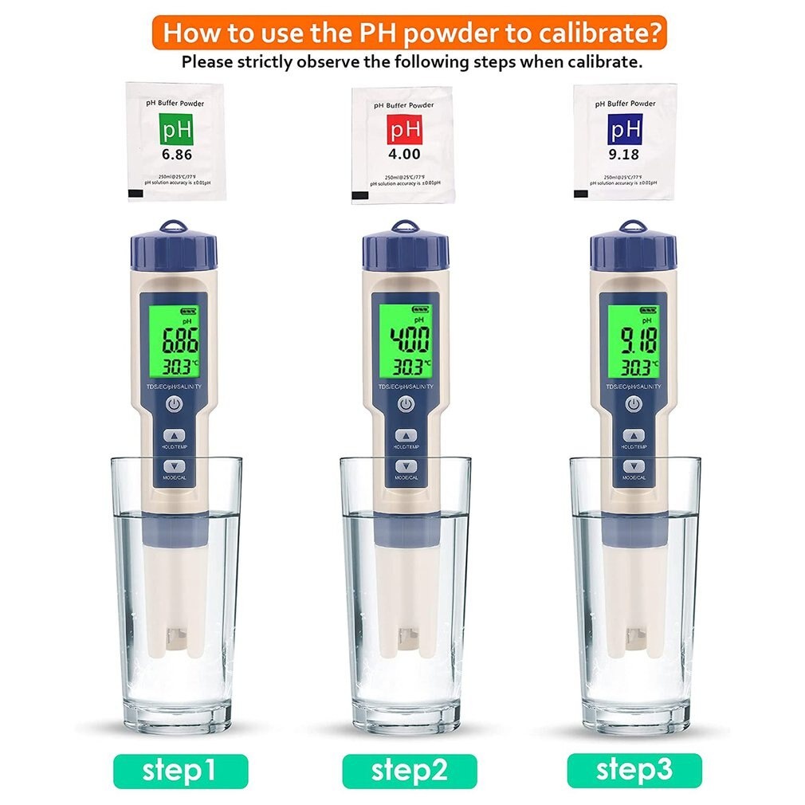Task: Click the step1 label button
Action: tap(180, 771)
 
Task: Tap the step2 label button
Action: tap(409, 771)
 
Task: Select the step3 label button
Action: tap(634, 770)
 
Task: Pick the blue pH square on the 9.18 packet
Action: tap(625, 128)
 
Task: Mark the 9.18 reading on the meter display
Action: tap(634, 340)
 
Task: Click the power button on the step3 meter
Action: tap(634, 405)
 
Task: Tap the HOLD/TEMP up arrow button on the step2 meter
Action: tap(406, 436)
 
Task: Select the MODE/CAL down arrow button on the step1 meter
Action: tap(175, 466)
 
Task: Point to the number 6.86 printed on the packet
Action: tap(177, 154)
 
